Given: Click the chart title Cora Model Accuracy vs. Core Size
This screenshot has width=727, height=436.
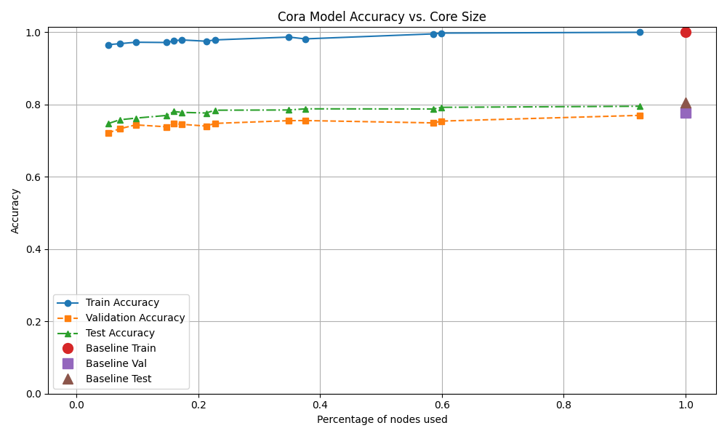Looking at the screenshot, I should click(x=382, y=17).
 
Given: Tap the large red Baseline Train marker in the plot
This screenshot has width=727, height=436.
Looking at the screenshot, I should click(x=686, y=32).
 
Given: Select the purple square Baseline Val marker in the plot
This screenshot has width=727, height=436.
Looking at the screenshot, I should click(x=686, y=113).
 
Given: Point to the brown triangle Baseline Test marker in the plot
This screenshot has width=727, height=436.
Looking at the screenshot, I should click(x=686, y=103).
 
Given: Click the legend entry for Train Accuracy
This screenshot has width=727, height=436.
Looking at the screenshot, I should click(x=122, y=303).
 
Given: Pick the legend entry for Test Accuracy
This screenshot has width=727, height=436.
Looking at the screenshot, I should click(x=120, y=334).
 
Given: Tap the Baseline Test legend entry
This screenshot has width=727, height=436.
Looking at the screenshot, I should click(x=119, y=379).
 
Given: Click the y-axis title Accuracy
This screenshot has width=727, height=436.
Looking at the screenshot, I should click(x=16, y=211).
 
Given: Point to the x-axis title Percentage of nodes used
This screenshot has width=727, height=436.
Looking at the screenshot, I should click(x=382, y=419).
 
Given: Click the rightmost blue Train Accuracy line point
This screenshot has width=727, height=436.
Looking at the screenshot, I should click(x=640, y=32).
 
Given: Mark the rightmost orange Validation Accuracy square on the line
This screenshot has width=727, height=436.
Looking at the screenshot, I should click(x=640, y=116).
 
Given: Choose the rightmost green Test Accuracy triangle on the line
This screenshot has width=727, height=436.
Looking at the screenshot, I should click(x=640, y=106).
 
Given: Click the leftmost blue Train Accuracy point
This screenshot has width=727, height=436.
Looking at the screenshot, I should click(x=108, y=45).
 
